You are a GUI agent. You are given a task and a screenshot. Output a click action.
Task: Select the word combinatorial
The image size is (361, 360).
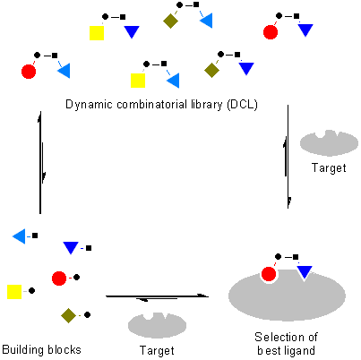(151, 105)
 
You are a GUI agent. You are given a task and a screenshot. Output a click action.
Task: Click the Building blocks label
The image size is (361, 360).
(41, 349)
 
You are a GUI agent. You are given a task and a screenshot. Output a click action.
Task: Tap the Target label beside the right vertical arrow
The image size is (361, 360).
(329, 168)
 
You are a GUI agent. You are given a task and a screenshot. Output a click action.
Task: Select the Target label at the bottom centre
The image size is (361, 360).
(157, 350)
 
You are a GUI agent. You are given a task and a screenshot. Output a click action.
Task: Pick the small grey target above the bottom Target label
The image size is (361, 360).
(157, 325)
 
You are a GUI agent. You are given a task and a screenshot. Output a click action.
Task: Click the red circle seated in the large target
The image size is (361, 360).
(269, 274)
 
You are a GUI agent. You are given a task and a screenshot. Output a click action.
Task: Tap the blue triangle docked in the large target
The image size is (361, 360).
(305, 272)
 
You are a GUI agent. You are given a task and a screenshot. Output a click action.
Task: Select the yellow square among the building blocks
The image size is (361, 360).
(14, 292)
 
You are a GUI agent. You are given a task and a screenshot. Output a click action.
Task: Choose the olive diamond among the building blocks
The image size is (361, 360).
(68, 315)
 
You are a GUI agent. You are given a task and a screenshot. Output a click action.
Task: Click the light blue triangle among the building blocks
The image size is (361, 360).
(19, 236)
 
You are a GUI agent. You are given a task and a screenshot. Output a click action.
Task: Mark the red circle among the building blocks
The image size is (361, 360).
(59, 279)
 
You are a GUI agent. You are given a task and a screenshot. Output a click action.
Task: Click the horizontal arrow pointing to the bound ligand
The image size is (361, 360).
(157, 296)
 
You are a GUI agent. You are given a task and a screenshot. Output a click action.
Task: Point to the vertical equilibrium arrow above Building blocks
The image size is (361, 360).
(40, 163)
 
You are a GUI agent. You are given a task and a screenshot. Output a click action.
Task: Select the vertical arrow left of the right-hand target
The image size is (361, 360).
(288, 157)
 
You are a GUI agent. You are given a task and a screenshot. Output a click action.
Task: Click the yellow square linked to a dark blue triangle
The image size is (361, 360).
(97, 33)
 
